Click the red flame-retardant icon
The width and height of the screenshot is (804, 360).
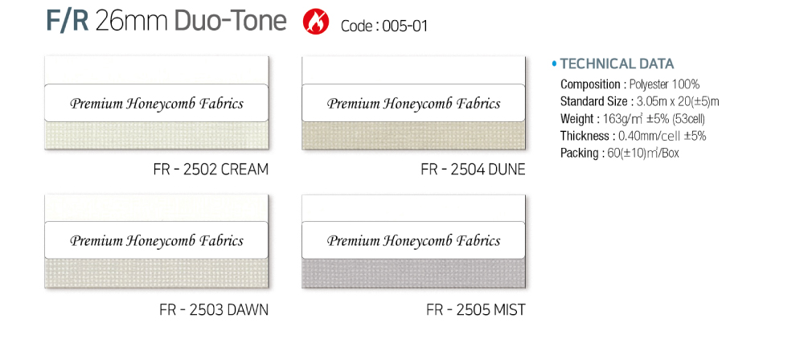(316, 22)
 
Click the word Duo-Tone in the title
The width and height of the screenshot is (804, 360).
(230, 21)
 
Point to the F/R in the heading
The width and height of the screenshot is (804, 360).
(68, 21)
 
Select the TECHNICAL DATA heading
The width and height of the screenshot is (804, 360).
(617, 64)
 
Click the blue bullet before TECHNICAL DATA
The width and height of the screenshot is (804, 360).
(554, 64)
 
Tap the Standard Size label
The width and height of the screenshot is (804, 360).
(593, 101)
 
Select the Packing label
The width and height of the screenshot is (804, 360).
(579, 153)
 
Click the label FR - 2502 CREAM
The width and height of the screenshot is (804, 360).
(211, 170)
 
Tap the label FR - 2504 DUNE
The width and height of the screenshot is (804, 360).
(474, 170)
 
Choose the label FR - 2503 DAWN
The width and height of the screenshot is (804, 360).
(214, 309)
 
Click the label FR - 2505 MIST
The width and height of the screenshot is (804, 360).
(476, 309)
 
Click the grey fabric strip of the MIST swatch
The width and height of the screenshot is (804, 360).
(413, 273)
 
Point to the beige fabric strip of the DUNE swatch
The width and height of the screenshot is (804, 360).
(413, 135)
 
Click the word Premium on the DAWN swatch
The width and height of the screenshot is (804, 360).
(96, 241)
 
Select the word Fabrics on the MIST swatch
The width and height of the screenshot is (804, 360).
(478, 240)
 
